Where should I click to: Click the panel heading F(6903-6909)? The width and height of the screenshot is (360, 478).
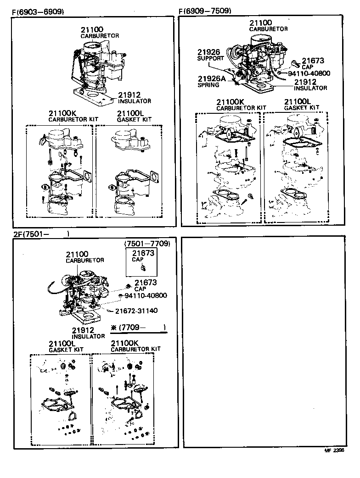[x=38, y=11]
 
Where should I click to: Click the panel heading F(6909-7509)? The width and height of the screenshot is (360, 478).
[x=205, y=11]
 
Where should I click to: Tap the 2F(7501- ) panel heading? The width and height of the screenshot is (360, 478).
[x=41, y=234]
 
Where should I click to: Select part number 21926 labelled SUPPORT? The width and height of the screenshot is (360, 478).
[x=209, y=52]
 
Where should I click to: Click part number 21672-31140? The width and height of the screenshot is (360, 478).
[x=136, y=311]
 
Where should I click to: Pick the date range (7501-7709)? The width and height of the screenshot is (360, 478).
[x=147, y=244]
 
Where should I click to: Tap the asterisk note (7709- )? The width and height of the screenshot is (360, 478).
[x=138, y=328]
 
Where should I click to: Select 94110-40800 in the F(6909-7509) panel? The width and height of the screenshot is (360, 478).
[x=309, y=73]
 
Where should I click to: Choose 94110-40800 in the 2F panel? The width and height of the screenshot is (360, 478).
[x=146, y=295]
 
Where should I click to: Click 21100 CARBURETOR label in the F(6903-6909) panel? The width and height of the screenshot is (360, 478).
[x=99, y=32]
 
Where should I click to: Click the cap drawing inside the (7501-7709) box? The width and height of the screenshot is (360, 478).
[x=143, y=267]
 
